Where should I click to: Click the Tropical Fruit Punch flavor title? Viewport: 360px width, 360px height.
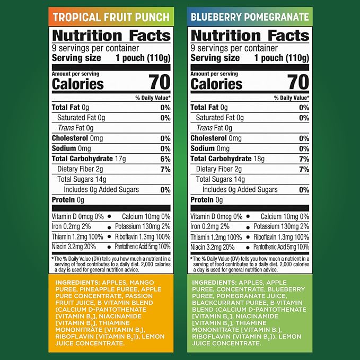(111, 17)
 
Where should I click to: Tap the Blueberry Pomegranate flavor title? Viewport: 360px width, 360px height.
(250, 17)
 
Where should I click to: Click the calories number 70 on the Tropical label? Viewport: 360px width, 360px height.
(160, 82)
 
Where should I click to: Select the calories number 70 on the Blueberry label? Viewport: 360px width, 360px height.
(298, 82)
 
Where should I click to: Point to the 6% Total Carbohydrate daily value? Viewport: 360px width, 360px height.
(165, 159)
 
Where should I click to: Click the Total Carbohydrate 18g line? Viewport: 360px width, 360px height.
(227, 159)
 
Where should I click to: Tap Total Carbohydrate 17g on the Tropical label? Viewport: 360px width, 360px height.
(89, 159)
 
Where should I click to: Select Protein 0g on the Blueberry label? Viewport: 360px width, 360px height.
(207, 200)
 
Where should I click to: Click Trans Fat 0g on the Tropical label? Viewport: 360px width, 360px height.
(75, 128)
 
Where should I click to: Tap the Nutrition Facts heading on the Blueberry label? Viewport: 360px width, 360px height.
(250, 36)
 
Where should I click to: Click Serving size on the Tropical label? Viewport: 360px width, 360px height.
(76, 58)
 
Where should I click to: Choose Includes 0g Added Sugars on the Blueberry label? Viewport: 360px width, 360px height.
(240, 190)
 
